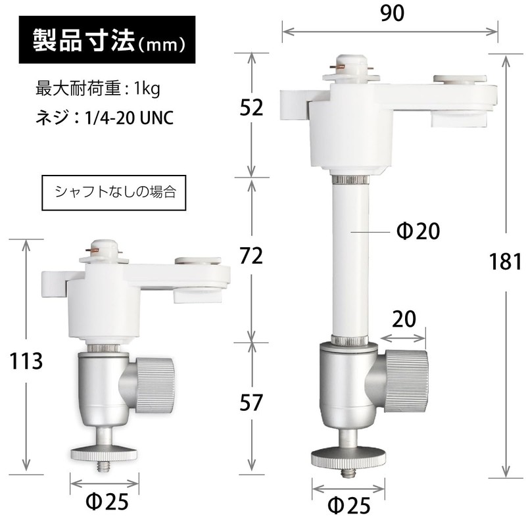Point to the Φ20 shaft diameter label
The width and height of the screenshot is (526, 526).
(x=419, y=231)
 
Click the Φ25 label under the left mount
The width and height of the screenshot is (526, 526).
(x=107, y=503)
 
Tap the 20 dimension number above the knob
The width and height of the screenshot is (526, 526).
(x=404, y=320)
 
